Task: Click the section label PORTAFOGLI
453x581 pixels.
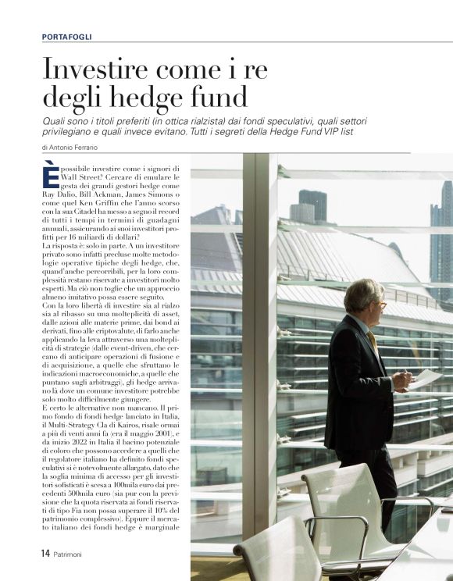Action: click(67, 36)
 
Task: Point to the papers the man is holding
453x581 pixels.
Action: click(426, 379)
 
